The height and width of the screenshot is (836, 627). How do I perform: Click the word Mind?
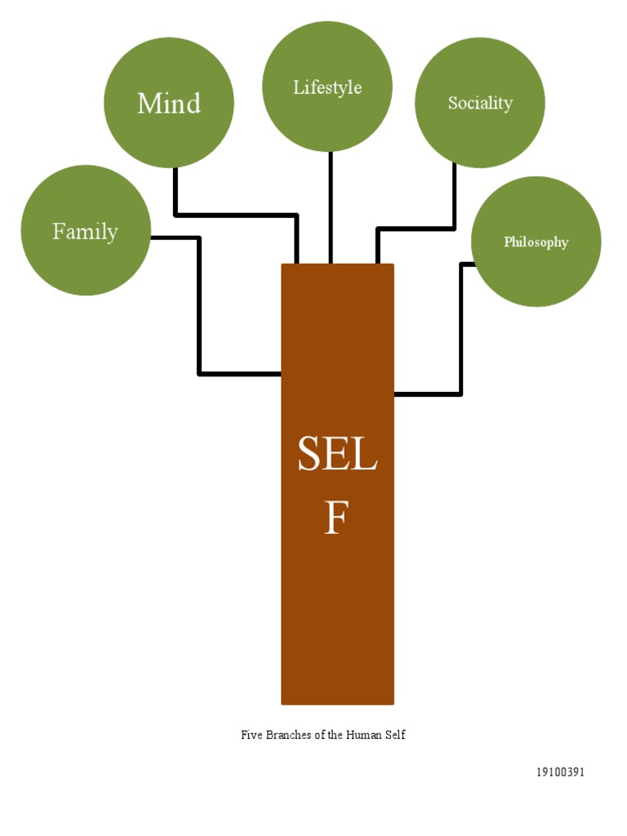coord(169,104)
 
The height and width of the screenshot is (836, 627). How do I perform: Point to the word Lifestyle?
coord(327,87)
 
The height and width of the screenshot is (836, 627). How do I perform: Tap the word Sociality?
coord(480,103)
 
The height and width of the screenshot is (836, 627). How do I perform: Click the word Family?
coord(85,232)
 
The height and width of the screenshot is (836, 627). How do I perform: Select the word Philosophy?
coord(536,242)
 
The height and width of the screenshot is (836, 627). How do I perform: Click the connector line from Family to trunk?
coord(199,310)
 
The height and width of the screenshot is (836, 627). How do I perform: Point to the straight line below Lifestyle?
coord(331,208)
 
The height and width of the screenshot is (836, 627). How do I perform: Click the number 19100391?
coord(560,772)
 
